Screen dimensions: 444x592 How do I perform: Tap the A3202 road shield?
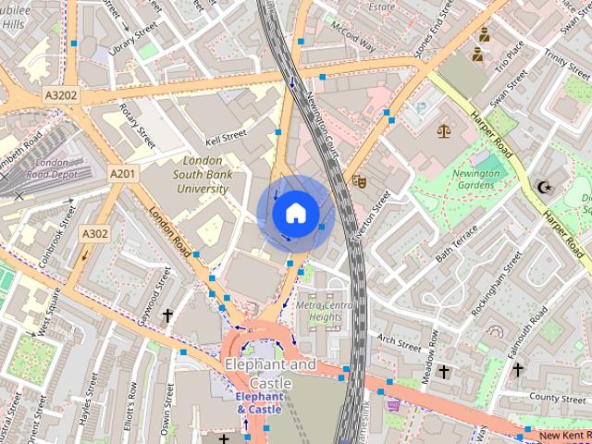(x=61, y=95)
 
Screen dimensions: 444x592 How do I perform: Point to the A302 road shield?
(x=93, y=233)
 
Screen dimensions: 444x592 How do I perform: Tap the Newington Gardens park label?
(x=479, y=179)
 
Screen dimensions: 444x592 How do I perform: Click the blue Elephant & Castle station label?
(x=258, y=402)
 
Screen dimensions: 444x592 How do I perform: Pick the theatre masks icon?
(x=359, y=181)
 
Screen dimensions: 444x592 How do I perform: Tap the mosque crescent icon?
(x=544, y=188)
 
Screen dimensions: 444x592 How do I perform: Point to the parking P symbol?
(x=423, y=109)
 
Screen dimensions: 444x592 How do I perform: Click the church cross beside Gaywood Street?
(x=167, y=316)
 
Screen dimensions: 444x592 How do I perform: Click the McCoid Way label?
(x=354, y=38)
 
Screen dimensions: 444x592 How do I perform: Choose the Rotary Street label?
(x=137, y=125)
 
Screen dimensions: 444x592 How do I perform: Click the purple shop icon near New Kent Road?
(x=395, y=404)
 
